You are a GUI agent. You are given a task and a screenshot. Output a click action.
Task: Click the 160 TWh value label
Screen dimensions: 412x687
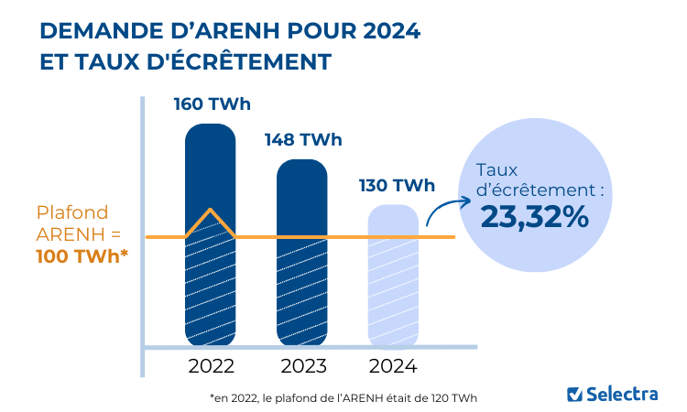[212, 103]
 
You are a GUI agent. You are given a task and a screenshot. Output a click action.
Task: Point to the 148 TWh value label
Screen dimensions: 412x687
[303, 140]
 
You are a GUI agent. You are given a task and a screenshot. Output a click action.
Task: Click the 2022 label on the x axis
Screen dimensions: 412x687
[211, 367]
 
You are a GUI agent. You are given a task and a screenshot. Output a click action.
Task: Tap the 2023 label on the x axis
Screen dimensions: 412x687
[302, 367]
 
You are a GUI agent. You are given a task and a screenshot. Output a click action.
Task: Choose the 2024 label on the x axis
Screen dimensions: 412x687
[393, 367]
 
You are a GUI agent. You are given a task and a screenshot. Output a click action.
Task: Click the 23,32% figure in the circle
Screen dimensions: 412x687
[534, 217]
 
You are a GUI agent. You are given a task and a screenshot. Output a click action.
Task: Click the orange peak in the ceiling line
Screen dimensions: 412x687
[212, 214]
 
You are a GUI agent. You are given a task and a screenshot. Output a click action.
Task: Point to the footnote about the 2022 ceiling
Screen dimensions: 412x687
[343, 398]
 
